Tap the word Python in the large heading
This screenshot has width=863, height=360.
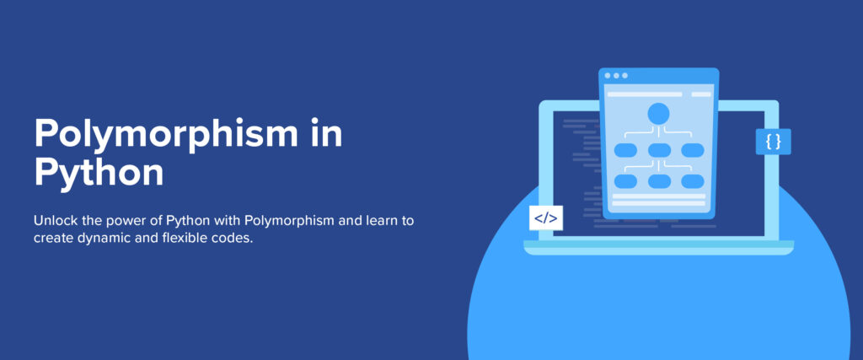99,173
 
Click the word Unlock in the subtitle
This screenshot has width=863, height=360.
56,221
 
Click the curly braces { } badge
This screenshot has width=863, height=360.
773,142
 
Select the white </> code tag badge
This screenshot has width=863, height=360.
545,218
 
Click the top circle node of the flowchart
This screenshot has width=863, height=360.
658,113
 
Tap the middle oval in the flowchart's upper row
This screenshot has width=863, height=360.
658,150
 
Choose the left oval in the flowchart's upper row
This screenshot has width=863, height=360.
625,150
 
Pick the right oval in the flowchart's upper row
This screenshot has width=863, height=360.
692,150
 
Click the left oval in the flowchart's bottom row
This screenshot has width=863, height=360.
625,181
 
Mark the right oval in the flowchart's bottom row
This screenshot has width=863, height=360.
692,181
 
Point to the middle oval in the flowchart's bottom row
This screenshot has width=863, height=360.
658,181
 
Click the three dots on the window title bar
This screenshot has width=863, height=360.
615,76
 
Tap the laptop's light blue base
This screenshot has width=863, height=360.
658,247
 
